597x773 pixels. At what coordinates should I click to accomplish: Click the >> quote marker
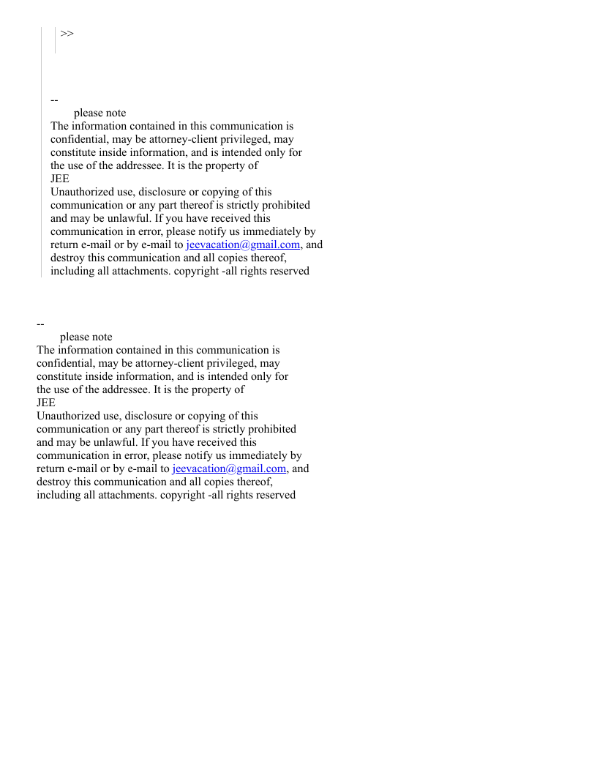[x=67, y=33]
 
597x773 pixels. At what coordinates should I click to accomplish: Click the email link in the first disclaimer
[x=243, y=244]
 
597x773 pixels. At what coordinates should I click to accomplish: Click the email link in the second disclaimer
[x=229, y=468]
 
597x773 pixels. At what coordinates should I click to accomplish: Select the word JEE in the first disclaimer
[x=60, y=179]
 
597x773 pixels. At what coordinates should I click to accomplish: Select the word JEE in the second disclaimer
[x=46, y=403]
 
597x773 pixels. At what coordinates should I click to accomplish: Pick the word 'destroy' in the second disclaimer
[x=53, y=482]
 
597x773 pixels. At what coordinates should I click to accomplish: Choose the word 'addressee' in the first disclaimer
[x=139, y=165]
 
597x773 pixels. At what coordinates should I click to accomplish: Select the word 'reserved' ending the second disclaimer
[x=276, y=495]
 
